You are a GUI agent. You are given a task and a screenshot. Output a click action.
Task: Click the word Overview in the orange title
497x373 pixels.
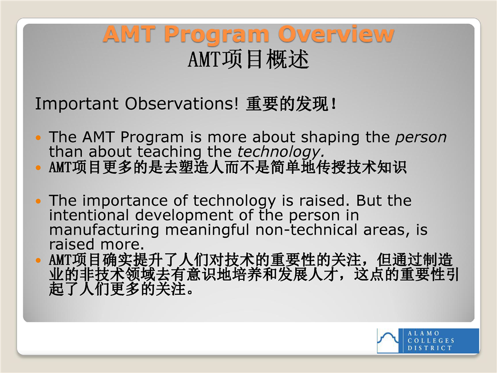336,34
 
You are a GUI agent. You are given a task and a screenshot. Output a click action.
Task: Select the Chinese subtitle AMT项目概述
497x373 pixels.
248,59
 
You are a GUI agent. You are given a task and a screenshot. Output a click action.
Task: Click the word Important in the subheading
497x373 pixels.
77,104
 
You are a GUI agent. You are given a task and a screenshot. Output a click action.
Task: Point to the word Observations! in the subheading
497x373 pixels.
182,104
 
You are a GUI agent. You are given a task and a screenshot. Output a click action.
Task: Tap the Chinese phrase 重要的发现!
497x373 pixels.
291,104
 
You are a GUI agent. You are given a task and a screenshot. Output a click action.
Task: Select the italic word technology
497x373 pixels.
281,152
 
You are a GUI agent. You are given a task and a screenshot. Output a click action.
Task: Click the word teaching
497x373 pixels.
169,152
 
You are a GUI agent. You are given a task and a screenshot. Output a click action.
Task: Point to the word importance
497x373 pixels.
125,201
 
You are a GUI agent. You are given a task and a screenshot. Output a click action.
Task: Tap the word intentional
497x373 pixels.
89,215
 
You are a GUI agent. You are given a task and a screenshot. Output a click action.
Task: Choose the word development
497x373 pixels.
184,216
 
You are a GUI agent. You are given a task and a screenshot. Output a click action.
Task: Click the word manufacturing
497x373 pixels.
104,230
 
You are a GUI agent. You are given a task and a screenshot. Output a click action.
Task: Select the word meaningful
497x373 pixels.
207,230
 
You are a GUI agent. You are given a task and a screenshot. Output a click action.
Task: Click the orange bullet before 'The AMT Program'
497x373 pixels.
38,138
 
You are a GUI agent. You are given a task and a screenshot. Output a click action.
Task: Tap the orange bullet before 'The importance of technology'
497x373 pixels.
38,202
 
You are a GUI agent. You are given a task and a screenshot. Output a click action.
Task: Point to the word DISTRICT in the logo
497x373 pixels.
430,348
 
